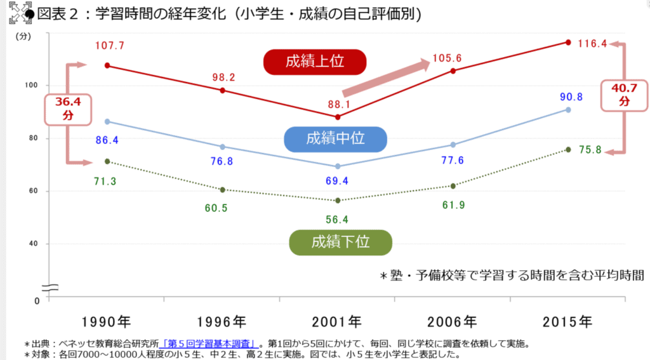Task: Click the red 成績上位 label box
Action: pyautogui.click(x=315, y=62)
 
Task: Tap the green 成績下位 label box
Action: pyautogui.click(x=340, y=242)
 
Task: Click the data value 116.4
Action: pyautogui.click(x=594, y=43)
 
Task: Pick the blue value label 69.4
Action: pyautogui.click(x=337, y=182)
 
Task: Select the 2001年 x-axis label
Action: pyautogui.click(x=337, y=321)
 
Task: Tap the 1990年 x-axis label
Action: pyautogui.click(x=107, y=321)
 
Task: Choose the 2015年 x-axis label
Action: pyautogui.click(x=567, y=321)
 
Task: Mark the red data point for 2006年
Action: pyautogui.click(x=453, y=70)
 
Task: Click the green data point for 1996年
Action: pyautogui.click(x=222, y=189)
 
